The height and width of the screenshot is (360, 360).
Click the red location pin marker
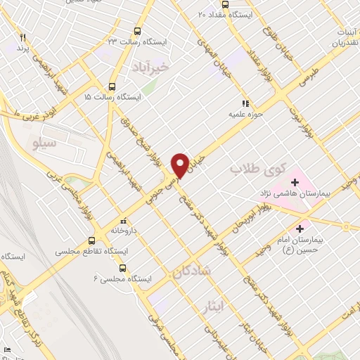click(x=181, y=165)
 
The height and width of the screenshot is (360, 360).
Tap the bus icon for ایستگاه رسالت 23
click(x=136, y=31)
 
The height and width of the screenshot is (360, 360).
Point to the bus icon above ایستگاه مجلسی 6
click(x=123, y=268)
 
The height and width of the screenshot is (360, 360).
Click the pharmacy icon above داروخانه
click(x=124, y=218)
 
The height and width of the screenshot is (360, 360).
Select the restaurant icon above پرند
click(x=23, y=37)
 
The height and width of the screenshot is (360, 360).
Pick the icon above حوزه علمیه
click(x=245, y=103)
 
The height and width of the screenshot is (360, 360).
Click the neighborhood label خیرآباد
click(x=151, y=68)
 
